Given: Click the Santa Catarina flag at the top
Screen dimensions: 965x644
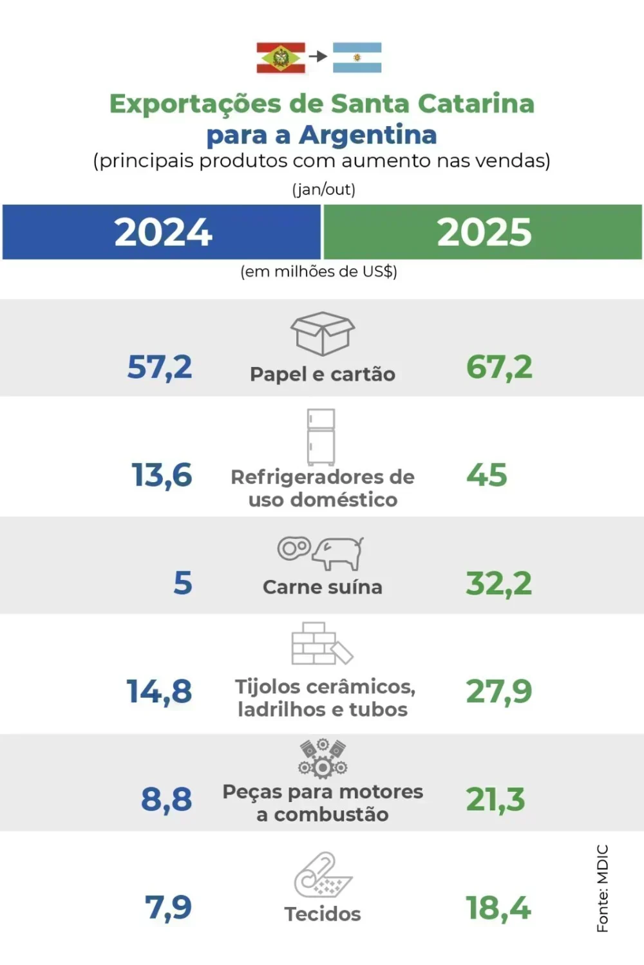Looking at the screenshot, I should pos(281,58).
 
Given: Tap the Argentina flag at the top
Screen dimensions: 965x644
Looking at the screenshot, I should pos(357,58).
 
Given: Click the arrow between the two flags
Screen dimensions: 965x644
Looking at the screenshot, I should pos(318,57).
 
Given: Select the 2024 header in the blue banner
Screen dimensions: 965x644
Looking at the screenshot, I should pos(163,232).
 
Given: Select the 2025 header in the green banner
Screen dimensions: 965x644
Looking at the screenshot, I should pos(484,232).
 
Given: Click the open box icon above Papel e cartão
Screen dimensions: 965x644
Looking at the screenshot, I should pos(323,333).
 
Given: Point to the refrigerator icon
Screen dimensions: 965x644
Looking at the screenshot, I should pos(321,437).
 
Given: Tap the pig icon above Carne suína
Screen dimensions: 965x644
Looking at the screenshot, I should pos(337,553).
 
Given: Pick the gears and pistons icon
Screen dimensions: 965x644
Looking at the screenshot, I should pos(323,758).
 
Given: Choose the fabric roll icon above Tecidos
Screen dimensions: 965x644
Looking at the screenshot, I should pos(323,874).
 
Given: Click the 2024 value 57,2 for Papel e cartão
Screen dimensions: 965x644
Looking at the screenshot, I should pos(160,368).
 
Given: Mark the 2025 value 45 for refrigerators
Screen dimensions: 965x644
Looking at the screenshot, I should pos(487,476).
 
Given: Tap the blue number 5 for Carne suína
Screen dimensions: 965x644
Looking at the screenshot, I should pos(183,583).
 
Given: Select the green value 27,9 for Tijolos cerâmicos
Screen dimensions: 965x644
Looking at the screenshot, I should pos(499,692).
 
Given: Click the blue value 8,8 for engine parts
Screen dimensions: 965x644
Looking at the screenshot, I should pos(166,800).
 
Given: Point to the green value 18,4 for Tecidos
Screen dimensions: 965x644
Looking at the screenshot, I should pos(498,908).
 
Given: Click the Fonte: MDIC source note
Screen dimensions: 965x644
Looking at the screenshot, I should pos(602,888).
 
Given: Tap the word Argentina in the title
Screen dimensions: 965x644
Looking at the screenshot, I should pos(368,135).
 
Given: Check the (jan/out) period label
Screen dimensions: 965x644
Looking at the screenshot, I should pos(323,189).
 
